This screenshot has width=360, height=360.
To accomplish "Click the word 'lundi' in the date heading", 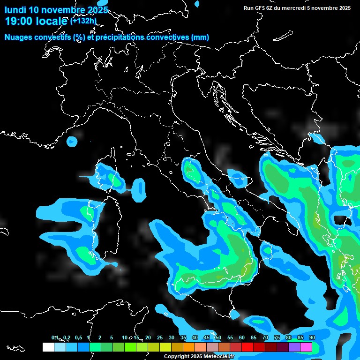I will point(16,10).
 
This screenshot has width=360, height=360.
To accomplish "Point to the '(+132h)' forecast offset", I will point(83,21).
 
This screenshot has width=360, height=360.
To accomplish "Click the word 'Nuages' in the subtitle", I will point(19,37).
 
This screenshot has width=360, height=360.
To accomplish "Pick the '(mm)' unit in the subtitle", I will point(200,37).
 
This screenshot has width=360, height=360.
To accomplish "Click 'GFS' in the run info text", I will point(259,8).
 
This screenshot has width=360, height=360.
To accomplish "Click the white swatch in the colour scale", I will point(48,347).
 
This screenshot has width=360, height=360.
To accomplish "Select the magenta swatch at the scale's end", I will point(306,347).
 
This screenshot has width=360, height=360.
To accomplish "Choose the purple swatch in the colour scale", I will point(294,347).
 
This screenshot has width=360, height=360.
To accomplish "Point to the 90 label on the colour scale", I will point(312,338).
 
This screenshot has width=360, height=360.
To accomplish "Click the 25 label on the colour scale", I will point(160,338).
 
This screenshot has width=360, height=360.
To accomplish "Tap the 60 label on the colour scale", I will point(242,338).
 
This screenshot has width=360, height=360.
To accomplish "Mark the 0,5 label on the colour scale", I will point(78,338).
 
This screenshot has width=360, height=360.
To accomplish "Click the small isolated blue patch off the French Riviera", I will point(72,141).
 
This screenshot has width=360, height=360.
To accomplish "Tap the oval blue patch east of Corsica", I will point(139,188).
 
